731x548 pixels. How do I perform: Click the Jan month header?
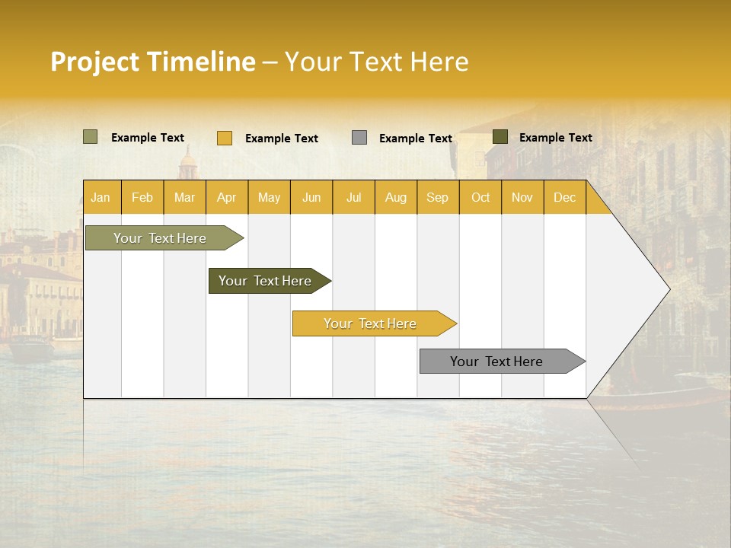pos(101,197)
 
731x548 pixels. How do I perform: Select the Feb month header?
pos(142,197)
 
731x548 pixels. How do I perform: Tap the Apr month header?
pos(226,197)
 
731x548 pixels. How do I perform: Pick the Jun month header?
pos(311,197)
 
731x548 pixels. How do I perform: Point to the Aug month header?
pos(395,197)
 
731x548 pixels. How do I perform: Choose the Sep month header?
pos(437,197)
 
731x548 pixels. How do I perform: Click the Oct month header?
pos(480,197)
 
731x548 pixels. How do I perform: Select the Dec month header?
pos(564,197)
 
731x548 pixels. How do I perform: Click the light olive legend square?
pos(90,137)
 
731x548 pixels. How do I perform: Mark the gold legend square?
pos(225,138)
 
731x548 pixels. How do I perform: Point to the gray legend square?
pos(359,137)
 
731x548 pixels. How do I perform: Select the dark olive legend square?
pos(500,137)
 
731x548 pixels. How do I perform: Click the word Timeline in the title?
pos(200,62)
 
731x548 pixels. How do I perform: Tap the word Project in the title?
pos(95,62)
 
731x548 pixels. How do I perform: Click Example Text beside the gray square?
pos(415,139)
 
